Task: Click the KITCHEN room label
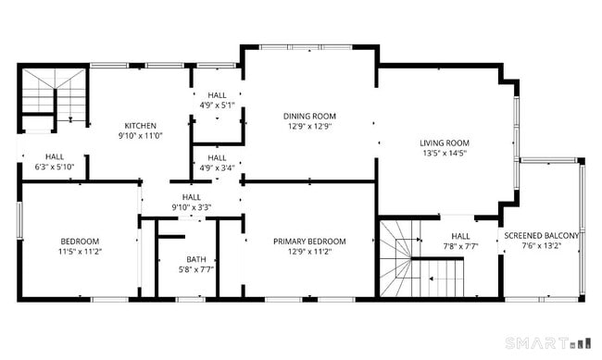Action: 141,126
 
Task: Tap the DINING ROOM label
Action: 309,116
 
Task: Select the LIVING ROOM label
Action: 445,143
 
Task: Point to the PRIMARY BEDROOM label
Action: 309,242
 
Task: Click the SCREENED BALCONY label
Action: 542,236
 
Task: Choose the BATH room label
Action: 196,259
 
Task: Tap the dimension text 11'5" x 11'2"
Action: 80,251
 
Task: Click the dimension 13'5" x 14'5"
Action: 445,154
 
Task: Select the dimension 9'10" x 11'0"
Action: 141,136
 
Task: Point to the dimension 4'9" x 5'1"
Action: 217,106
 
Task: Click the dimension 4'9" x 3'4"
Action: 217,168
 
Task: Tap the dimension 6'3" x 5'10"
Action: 54,168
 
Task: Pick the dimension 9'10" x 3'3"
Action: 192,207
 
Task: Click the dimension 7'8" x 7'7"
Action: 460,246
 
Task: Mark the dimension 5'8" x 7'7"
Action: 196,269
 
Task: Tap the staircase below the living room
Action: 417,259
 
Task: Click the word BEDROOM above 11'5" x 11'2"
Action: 80,241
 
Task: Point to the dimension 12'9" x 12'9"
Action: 309,127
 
